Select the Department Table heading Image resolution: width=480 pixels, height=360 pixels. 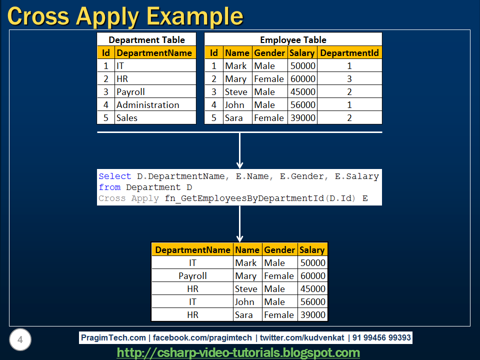click(146, 40)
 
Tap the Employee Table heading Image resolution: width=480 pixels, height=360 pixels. click(293, 40)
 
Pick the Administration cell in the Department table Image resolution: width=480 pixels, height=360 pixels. click(147, 105)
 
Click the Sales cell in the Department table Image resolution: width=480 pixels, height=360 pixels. click(127, 118)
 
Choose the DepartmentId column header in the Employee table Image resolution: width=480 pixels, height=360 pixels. click(349, 53)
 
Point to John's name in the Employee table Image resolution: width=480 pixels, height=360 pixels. click(235, 105)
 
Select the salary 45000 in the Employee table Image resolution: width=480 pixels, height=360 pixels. click(302, 92)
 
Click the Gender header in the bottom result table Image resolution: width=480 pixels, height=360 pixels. click(279, 250)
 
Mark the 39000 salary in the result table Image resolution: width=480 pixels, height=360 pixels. click(312, 315)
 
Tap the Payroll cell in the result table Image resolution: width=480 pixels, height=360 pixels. click(192, 276)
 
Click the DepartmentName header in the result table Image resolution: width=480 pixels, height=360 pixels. click(192, 250)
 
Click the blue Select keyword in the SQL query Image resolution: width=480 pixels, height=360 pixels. click(114, 176)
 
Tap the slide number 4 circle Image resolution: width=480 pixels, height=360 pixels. click(20, 340)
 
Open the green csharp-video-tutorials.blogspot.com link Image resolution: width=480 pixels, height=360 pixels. click(238, 352)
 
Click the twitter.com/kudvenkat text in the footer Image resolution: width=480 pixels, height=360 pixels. click(302, 338)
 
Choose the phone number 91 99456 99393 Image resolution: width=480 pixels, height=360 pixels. click(381, 338)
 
